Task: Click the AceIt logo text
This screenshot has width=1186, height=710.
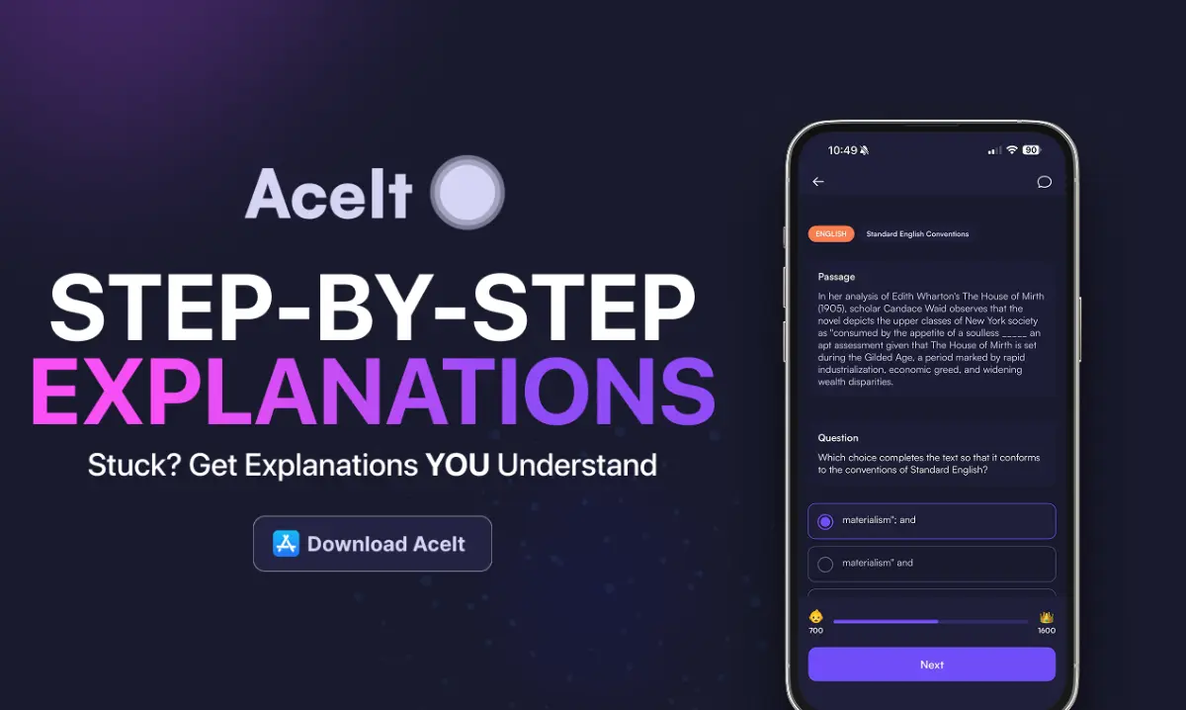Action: (x=328, y=192)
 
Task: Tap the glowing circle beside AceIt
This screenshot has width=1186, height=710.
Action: (x=467, y=192)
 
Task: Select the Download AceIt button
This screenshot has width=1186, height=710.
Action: (x=372, y=544)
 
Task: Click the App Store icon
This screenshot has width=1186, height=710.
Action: (x=287, y=544)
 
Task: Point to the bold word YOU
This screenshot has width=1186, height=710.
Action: (x=457, y=464)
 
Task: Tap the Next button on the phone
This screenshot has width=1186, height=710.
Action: (x=931, y=665)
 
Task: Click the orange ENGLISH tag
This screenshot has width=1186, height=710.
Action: (x=830, y=234)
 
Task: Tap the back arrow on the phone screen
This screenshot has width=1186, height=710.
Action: (x=818, y=182)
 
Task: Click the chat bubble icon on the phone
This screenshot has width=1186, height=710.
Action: (x=1044, y=182)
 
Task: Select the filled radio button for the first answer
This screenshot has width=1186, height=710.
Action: (x=825, y=521)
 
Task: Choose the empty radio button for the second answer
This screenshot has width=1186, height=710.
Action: (x=825, y=564)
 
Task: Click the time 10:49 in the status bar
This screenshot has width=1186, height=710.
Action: (x=843, y=150)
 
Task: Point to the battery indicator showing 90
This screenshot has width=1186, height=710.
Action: (x=1031, y=150)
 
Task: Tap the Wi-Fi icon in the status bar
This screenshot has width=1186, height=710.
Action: (x=1011, y=150)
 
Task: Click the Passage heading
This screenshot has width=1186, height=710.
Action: (x=836, y=277)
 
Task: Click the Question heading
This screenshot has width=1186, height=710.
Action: (x=838, y=438)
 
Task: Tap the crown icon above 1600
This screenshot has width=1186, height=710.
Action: (x=1046, y=616)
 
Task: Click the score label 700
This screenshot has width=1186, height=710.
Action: (x=815, y=630)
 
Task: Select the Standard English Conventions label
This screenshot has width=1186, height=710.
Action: (x=917, y=234)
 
